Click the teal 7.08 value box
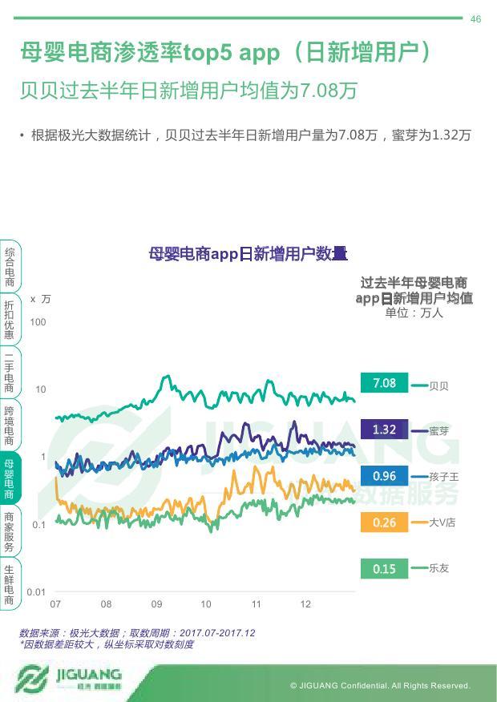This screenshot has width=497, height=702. pyautogui.click(x=384, y=383)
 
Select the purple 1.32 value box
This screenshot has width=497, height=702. pyautogui.click(x=384, y=430)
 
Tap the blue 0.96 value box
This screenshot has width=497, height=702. pyautogui.click(x=384, y=476)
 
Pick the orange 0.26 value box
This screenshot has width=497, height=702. pyautogui.click(x=384, y=522)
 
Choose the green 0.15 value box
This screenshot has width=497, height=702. pyautogui.click(x=384, y=569)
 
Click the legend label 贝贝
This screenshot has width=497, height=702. pyautogui.click(x=439, y=386)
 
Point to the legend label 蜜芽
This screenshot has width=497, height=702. pyautogui.click(x=439, y=431)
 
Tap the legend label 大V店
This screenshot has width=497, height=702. pyautogui.click(x=442, y=522)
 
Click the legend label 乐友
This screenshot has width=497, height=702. pyautogui.click(x=439, y=568)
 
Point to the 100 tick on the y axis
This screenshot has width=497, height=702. pyautogui.click(x=38, y=322)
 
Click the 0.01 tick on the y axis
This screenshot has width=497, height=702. pyautogui.click(x=36, y=592)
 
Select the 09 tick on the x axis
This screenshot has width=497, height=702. pyautogui.click(x=156, y=604)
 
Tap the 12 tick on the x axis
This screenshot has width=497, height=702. pyautogui.click(x=305, y=604)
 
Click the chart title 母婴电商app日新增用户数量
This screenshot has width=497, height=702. pyautogui.click(x=248, y=255)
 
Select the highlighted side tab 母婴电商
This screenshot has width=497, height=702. pyautogui.click(x=9, y=479)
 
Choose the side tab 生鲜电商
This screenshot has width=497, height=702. pyautogui.click(x=9, y=584)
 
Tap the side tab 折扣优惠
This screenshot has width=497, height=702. pyautogui.click(x=9, y=321)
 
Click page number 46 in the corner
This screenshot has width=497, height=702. pyautogui.click(x=475, y=19)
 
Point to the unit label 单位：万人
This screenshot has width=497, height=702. pyautogui.click(x=414, y=313)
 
